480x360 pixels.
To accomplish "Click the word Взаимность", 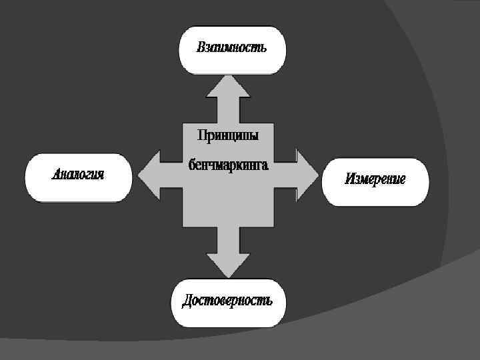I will click(x=231, y=48).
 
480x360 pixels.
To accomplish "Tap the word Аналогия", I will click(x=78, y=175).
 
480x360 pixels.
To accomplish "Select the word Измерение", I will click(x=375, y=179).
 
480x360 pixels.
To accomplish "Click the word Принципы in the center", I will click(x=227, y=135).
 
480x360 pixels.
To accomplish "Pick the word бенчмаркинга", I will click(x=227, y=164).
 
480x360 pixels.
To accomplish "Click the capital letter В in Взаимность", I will click(x=201, y=48).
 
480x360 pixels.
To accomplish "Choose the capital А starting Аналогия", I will click(x=57, y=175).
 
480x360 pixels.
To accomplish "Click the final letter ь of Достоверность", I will click(x=269, y=301).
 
